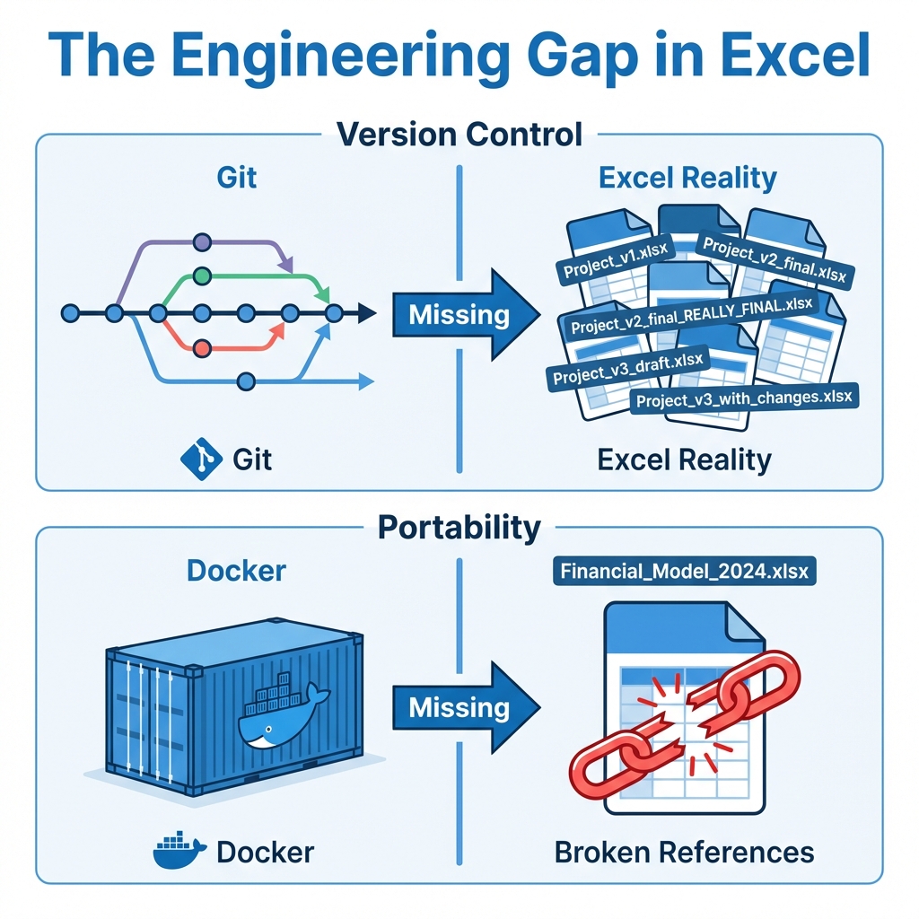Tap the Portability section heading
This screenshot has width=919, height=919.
(459, 527)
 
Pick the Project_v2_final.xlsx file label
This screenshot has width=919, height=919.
(774, 259)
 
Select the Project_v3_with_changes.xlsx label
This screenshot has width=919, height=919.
(744, 396)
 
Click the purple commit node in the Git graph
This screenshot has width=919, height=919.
(203, 241)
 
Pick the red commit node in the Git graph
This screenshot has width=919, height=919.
(203, 347)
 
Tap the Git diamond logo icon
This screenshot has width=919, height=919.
(200, 459)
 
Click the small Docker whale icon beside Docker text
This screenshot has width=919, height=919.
(179, 851)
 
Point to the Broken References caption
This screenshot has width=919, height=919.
(684, 851)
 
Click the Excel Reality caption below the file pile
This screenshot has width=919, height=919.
(684, 459)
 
